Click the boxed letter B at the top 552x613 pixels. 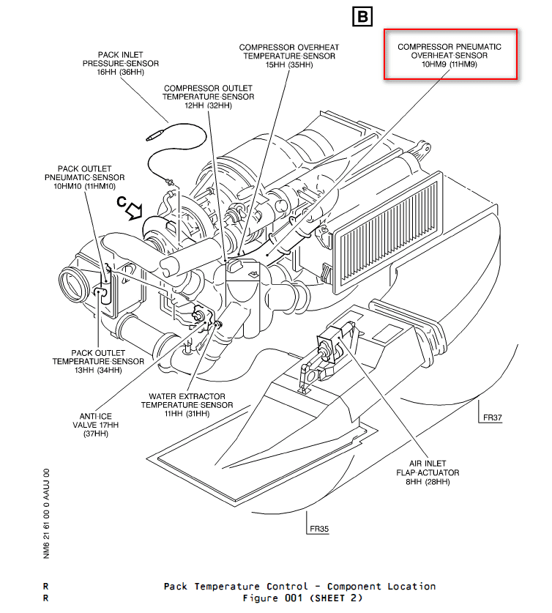(x=362, y=15)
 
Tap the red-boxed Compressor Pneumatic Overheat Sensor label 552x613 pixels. (x=450, y=54)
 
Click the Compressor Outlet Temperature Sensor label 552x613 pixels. (x=208, y=97)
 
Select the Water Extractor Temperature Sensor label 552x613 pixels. (x=187, y=404)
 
